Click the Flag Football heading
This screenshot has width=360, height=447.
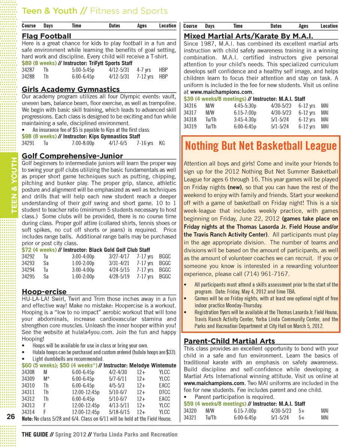(46, 36)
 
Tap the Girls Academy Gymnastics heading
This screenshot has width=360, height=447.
(70, 89)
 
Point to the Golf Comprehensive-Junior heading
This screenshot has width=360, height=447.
(72, 156)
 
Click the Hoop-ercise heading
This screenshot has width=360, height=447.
(44, 292)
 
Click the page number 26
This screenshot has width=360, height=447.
(10, 417)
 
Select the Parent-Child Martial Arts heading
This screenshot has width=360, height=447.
(229, 341)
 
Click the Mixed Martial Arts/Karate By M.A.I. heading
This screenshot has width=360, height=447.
(248, 36)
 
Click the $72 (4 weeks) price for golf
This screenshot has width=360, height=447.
(39, 250)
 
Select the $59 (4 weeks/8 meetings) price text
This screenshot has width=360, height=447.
(214, 404)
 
